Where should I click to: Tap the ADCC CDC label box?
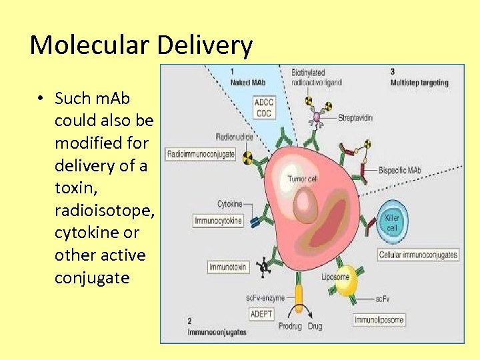[264, 108]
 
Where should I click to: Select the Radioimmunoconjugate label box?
[201, 154]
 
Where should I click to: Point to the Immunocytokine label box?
[218, 220]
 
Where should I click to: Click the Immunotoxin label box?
[228, 267]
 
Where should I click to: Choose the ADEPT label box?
[261, 313]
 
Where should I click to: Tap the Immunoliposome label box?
[379, 320]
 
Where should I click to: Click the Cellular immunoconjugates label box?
[418, 255]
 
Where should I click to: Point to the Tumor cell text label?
[303, 179]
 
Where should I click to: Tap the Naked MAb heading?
[247, 82]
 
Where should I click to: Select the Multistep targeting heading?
[419, 83]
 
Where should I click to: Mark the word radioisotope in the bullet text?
[105, 210]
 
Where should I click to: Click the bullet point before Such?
[41, 99]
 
